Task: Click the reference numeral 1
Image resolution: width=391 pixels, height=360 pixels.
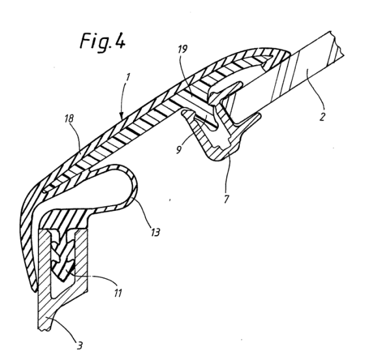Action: (x=128, y=77)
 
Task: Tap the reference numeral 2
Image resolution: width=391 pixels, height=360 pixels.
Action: (x=323, y=117)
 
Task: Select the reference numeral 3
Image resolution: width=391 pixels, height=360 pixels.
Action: (x=80, y=346)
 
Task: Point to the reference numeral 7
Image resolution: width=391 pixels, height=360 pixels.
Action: (x=226, y=199)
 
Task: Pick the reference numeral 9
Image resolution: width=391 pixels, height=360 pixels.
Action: (x=179, y=150)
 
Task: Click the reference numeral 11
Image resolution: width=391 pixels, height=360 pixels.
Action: (x=118, y=293)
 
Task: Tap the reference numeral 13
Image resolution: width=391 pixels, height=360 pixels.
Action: (x=155, y=232)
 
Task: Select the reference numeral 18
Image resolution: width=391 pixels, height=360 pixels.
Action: (x=69, y=119)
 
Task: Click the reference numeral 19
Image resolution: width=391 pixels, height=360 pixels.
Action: (x=182, y=49)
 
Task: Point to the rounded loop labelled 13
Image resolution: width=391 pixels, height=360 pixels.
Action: (x=133, y=184)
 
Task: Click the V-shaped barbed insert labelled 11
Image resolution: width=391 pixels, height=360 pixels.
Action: (x=63, y=259)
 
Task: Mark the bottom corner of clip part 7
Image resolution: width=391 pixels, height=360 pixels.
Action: (x=212, y=159)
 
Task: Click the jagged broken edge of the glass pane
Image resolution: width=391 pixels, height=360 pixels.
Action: (x=337, y=44)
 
